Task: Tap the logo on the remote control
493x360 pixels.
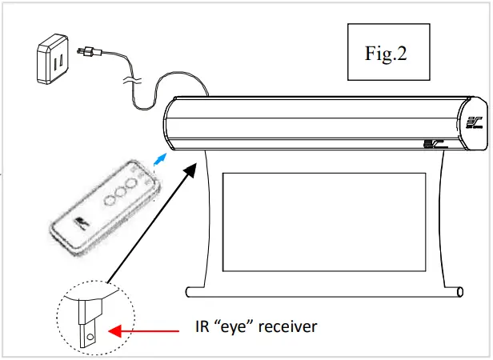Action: click(x=82, y=222)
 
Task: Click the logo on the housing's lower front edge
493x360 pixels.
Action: click(x=432, y=144)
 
